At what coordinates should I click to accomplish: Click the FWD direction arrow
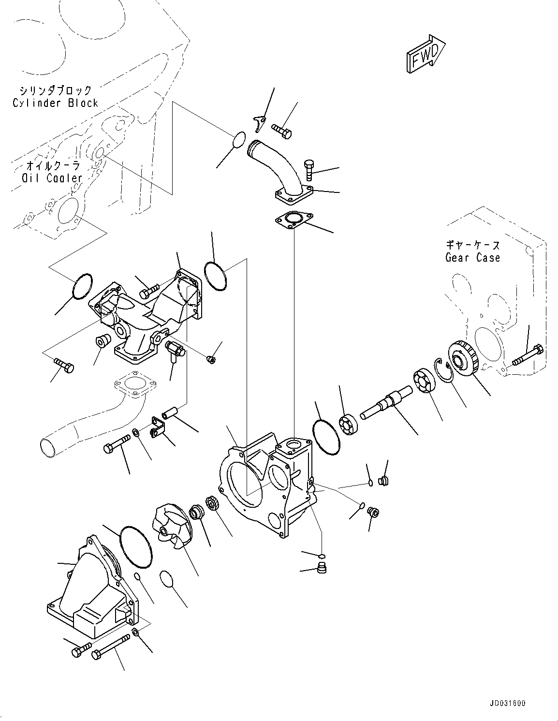(x=425, y=54)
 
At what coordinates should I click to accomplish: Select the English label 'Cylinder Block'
(x=55, y=103)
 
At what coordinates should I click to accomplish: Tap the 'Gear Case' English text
(x=472, y=258)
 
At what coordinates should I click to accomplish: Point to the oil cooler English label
(x=52, y=178)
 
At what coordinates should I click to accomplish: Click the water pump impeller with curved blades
(x=171, y=525)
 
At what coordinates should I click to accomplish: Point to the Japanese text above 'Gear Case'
(x=472, y=245)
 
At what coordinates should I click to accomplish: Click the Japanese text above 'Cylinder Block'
(x=55, y=90)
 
